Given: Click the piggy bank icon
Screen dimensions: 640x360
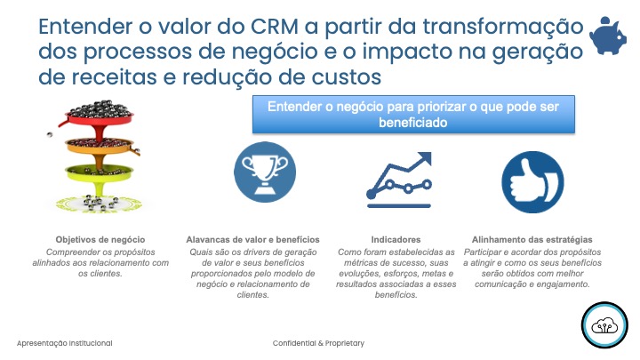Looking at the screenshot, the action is coord(608,36).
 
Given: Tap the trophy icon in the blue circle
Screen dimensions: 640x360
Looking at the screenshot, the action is coord(265,172).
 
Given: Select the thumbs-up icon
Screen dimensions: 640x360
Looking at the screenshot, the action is coord(532,181).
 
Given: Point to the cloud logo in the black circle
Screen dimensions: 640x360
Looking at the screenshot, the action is coord(604,325).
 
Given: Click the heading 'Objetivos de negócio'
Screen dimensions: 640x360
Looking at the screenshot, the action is coord(100,240).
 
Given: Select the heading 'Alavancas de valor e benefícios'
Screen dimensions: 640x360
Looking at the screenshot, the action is coord(252,240).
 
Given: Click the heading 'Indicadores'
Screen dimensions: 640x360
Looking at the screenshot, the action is coord(396,240).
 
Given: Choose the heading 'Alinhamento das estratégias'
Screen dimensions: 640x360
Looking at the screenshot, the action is coord(532,240).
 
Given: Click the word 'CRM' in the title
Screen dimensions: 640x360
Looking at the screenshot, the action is coord(275,26).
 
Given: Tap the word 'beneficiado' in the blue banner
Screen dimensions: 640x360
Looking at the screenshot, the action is coord(413,123).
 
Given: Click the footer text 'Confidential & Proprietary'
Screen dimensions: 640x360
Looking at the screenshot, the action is coord(318,343).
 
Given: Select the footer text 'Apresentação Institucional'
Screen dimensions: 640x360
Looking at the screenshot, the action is coord(65,343).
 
